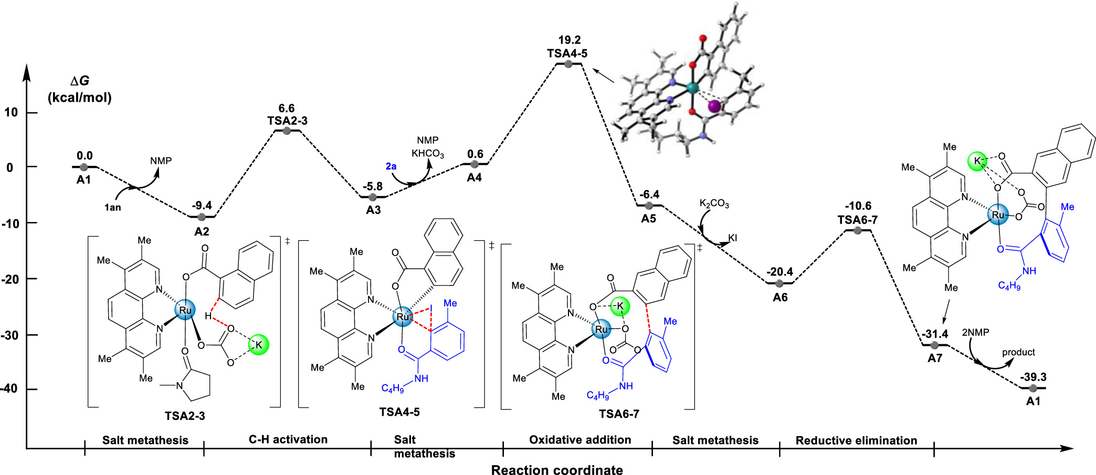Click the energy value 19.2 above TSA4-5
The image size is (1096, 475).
coord(569,40)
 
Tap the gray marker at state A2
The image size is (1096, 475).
coord(202,217)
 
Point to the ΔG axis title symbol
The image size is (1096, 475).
coord(80,81)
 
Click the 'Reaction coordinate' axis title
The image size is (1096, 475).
coord(557,470)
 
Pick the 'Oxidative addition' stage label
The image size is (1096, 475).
coord(580,440)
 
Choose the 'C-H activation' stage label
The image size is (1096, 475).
coord(288,439)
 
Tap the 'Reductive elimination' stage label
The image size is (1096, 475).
coord(856,440)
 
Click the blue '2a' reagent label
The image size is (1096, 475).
coord(391,166)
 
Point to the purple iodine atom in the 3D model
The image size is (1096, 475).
coord(714,107)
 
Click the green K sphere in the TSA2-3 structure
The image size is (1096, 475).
coord(258,345)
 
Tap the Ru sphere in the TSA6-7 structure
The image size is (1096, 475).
coord(602,330)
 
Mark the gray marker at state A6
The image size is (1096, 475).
coord(779,283)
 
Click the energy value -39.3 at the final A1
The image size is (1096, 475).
coord(1033,377)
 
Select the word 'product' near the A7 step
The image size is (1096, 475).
coord(1018,352)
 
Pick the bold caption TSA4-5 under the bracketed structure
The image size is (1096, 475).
coord(399,412)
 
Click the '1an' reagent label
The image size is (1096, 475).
coord(112,207)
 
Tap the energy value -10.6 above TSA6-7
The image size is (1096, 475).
coord(858,206)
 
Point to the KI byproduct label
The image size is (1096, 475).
coord(732,238)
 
